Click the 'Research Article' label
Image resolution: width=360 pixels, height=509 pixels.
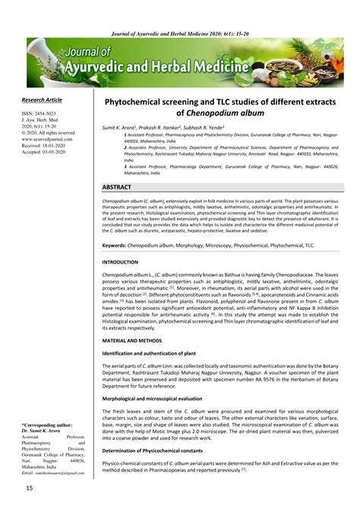click(x=42, y=99)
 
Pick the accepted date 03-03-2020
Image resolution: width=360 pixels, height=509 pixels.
click(x=61, y=153)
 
